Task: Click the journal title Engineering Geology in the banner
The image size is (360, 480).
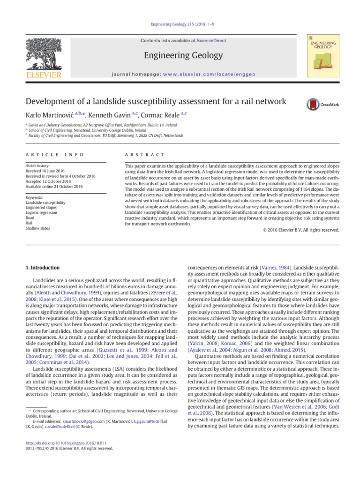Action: tap(183, 56)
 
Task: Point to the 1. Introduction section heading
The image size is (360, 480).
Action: tap(42, 268)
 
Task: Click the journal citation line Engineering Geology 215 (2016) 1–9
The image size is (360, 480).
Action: tap(180, 29)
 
